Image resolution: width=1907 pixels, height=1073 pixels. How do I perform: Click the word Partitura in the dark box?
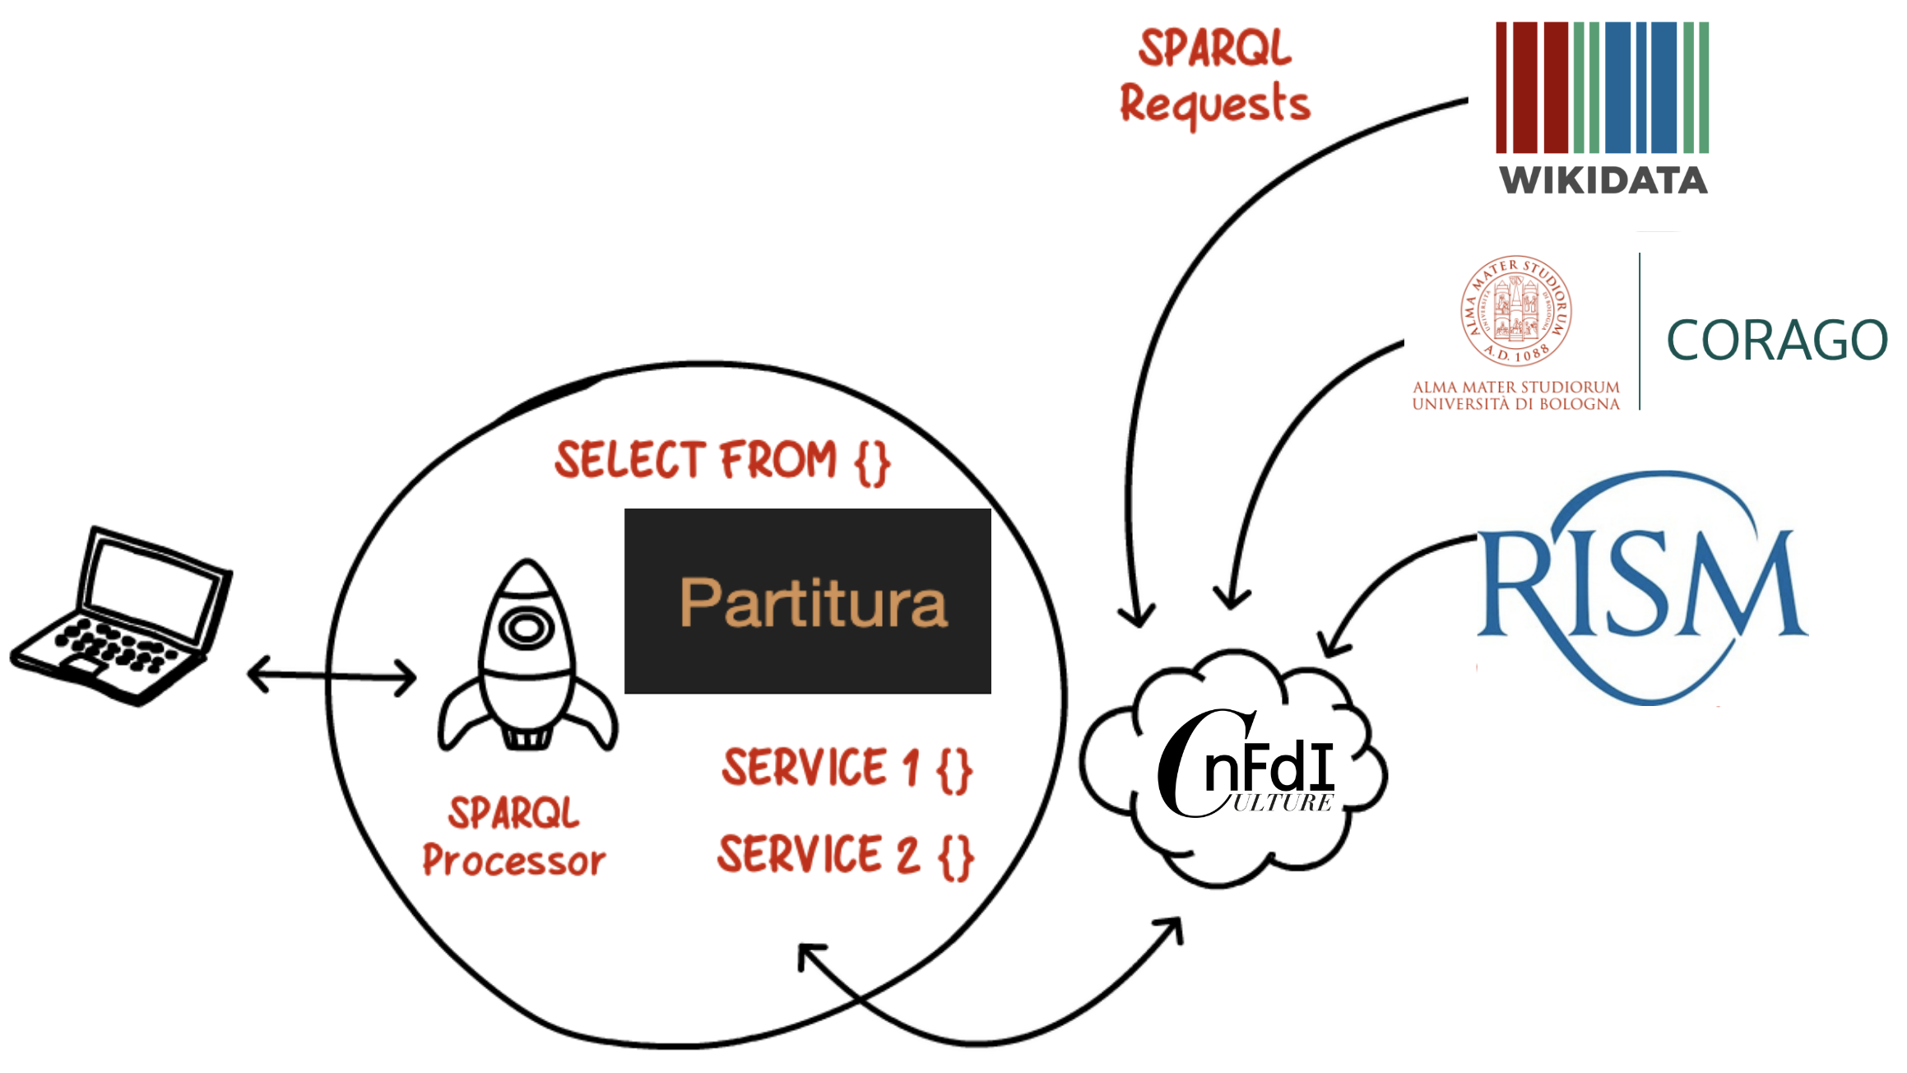pyautogui.click(x=813, y=603)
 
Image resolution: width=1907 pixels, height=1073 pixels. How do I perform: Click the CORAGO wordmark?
pyautogui.click(x=1776, y=340)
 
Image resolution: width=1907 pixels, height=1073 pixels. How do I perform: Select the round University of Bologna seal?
pyautogui.click(x=1516, y=311)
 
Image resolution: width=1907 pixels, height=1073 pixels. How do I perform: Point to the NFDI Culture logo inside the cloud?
pyautogui.click(x=1246, y=769)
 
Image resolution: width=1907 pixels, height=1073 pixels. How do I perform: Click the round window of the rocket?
pyautogui.click(x=527, y=629)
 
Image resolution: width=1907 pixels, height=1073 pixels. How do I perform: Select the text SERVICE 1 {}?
pyautogui.click(x=847, y=769)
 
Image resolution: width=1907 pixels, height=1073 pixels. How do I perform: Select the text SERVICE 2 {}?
pyautogui.click(x=845, y=856)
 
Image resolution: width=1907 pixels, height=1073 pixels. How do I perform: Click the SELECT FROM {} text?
pyautogui.click(x=722, y=461)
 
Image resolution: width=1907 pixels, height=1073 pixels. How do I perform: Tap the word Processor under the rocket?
pyautogui.click(x=514, y=862)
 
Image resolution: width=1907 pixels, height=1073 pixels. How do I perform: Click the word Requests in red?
pyautogui.click(x=1214, y=105)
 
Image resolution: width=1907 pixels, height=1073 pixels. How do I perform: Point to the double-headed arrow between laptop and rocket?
pyautogui.click(x=332, y=676)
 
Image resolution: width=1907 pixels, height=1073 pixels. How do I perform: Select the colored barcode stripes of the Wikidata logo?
pyautogui.click(x=1602, y=87)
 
